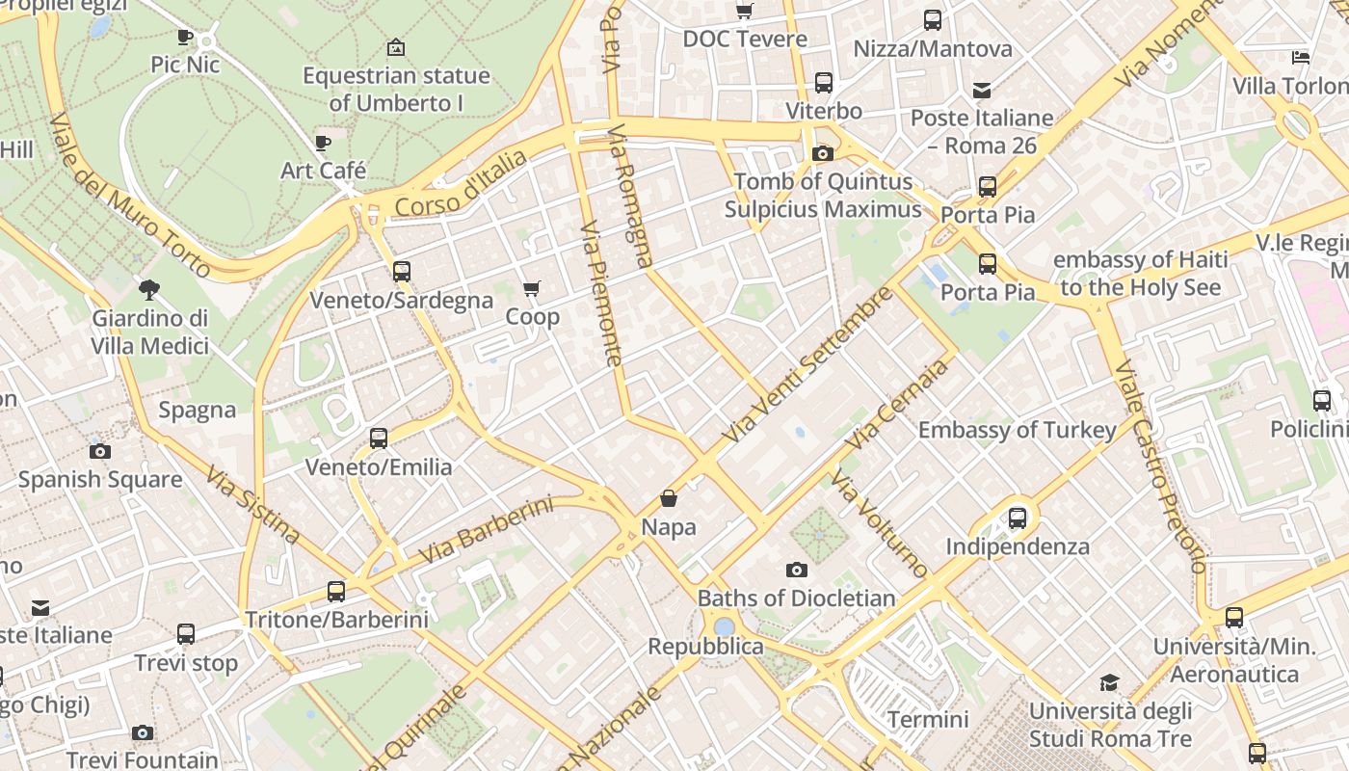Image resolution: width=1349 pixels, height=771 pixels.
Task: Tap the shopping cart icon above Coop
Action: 531,288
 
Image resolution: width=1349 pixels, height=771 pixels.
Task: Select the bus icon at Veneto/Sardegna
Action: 402,272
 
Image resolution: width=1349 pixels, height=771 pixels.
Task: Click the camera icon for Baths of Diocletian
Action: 796,570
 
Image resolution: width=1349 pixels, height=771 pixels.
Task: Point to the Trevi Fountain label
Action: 143,759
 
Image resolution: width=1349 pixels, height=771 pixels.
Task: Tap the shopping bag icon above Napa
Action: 669,498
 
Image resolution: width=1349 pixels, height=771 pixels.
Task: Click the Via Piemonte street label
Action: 602,294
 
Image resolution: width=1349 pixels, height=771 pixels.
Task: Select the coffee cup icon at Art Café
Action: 323,144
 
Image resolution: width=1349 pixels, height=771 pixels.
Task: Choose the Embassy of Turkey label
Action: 1017,430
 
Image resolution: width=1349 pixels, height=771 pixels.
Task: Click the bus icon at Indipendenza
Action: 1017,518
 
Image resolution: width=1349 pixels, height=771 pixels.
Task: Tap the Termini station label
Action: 928,719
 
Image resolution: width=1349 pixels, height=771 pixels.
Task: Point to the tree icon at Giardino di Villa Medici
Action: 149,289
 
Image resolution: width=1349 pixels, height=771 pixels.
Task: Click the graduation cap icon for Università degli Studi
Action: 1110,683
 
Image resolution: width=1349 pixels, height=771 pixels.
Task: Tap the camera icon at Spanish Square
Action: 99,451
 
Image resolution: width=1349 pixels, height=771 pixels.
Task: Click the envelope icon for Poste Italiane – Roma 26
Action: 982,91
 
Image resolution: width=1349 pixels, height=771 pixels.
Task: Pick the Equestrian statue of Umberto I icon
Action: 395,47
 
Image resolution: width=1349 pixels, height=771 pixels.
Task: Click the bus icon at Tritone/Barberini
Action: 335,591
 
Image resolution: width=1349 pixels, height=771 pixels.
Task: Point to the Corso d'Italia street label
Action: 461,184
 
